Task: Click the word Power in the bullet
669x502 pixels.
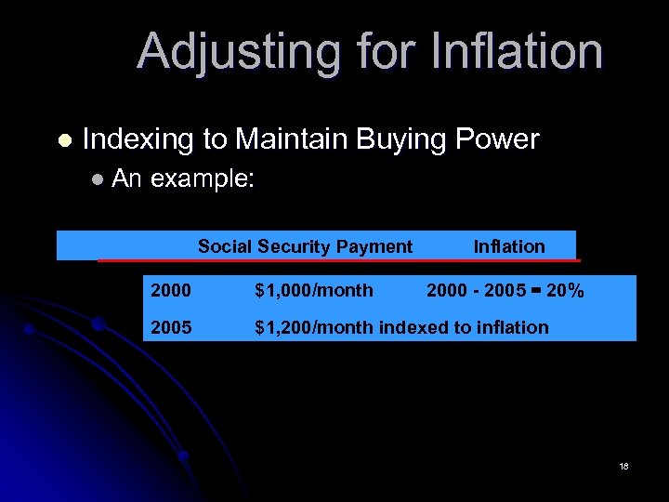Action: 501,139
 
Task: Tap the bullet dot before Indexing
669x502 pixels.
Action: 63,140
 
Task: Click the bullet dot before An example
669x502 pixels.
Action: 98,180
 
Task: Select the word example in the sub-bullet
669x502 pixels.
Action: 202,180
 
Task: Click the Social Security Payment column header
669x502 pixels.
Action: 305,246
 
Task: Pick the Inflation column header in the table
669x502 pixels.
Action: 509,246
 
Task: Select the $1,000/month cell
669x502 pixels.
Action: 314,291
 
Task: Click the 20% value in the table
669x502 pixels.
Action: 565,291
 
